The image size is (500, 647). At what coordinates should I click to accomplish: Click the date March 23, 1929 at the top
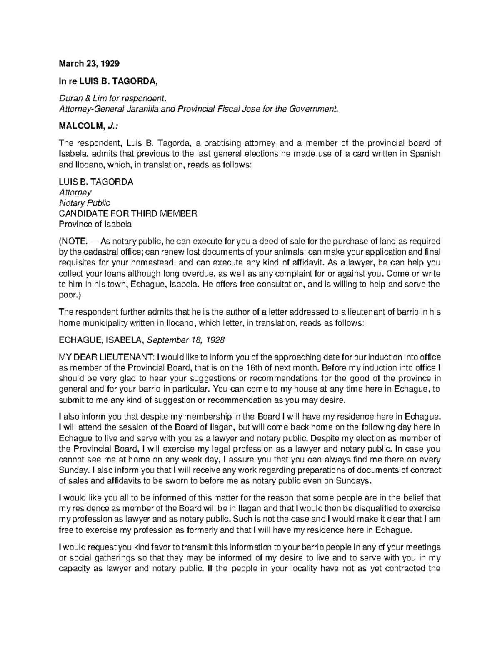[89, 64]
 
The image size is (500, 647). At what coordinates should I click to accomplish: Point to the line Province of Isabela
[95, 224]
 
